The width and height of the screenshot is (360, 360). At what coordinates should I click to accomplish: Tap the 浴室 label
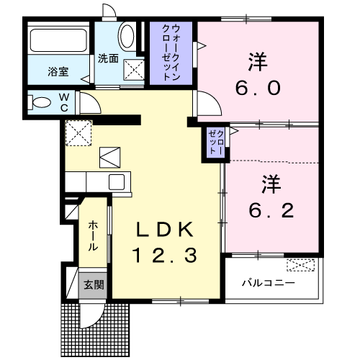[58, 71]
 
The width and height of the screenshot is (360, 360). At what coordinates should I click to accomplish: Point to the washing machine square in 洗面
[135, 71]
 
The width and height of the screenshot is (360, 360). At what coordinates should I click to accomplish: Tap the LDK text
[166, 230]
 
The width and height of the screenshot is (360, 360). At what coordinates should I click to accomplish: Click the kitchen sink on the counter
[116, 181]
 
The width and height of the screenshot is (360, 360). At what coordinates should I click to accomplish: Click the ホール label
[94, 236]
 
